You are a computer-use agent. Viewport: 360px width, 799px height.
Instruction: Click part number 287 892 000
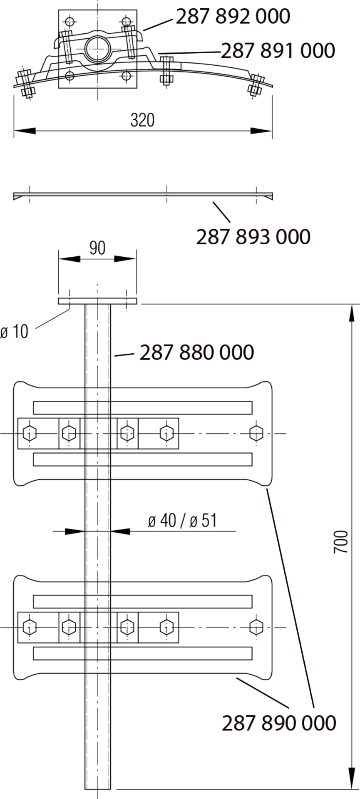(x=233, y=17)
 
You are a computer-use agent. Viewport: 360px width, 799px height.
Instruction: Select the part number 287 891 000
(x=278, y=51)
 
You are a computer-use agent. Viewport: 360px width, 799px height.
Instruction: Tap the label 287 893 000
(x=253, y=237)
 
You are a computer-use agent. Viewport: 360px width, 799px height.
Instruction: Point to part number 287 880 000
(x=197, y=352)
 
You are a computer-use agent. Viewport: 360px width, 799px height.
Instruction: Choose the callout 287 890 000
(x=279, y=723)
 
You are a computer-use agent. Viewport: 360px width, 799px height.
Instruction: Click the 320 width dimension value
(x=142, y=120)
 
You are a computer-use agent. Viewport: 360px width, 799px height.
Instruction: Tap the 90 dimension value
(x=97, y=248)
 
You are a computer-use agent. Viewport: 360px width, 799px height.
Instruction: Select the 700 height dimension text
(x=341, y=541)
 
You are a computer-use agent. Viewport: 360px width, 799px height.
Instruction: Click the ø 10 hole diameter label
(x=15, y=332)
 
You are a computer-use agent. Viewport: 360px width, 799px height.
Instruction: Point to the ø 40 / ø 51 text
(x=182, y=521)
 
